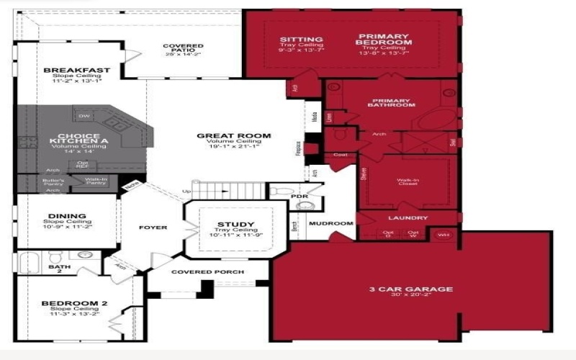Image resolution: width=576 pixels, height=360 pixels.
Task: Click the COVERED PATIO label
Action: (183, 46)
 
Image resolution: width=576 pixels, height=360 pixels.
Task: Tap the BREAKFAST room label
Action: (77, 71)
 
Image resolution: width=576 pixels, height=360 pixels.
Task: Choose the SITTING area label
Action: (301, 39)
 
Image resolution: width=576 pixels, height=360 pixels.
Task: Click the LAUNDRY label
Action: (408, 218)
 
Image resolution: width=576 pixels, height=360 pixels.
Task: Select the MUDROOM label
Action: (331, 224)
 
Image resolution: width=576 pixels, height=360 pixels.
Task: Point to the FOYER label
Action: (153, 228)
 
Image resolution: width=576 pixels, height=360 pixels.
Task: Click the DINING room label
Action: (68, 216)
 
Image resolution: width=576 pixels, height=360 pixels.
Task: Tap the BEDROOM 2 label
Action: (74, 304)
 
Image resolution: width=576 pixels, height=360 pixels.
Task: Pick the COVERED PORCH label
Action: (207, 272)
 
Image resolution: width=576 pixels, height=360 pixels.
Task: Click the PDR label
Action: (299, 196)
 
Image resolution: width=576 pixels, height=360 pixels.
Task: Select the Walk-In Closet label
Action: (407, 183)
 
